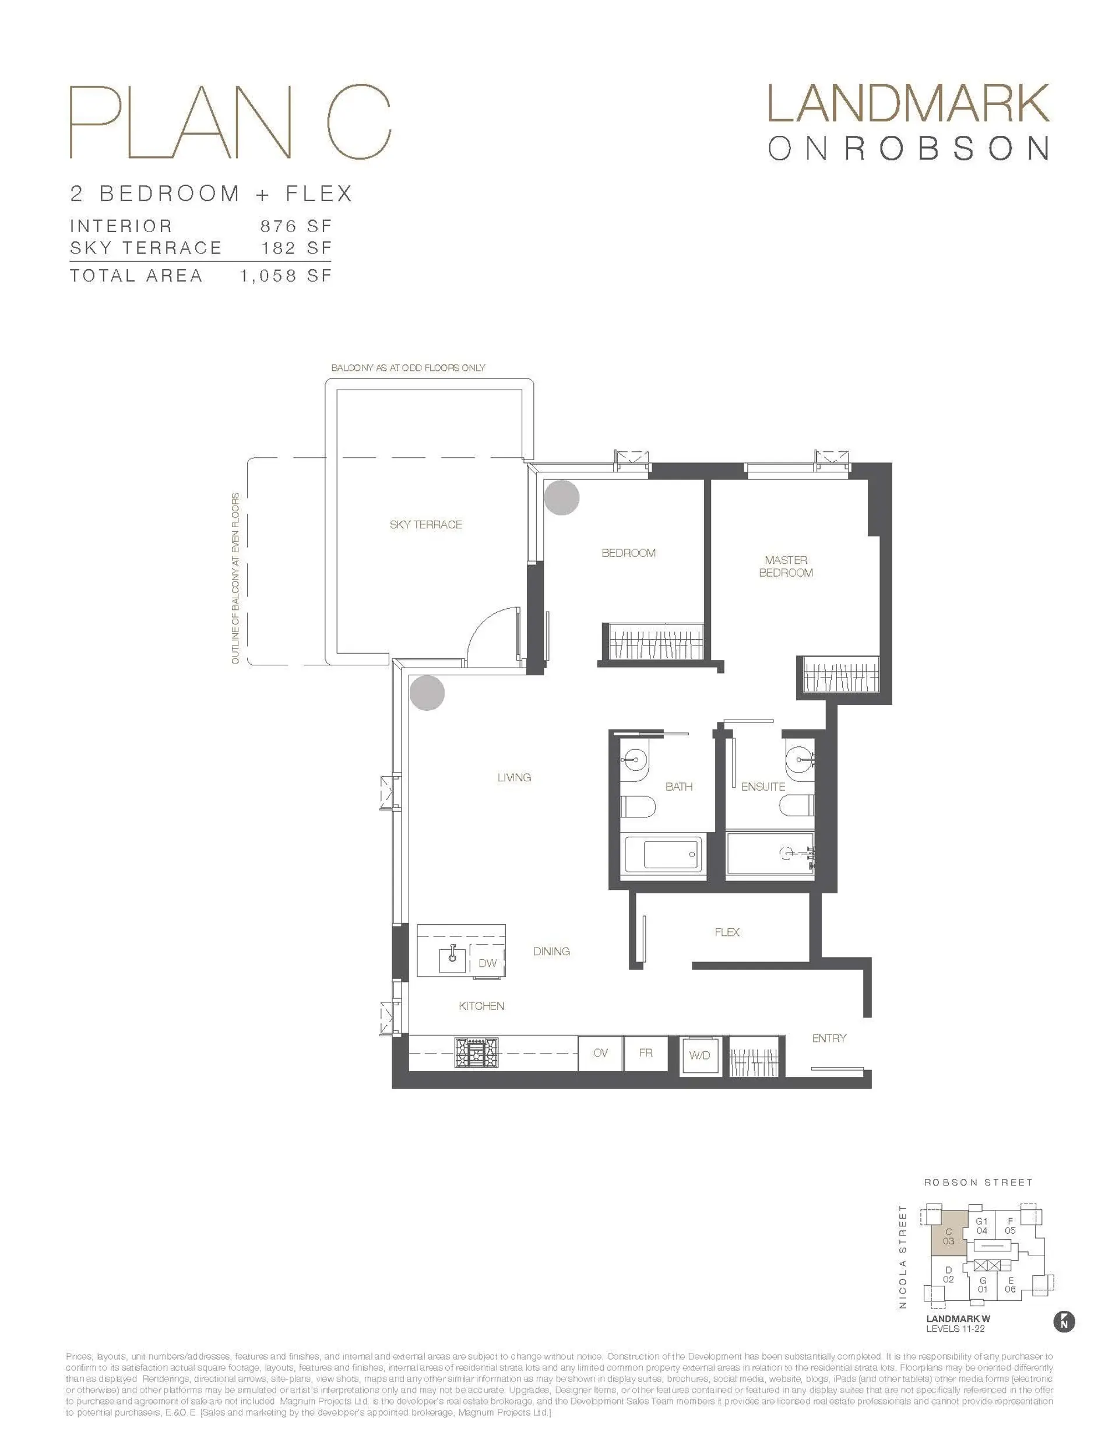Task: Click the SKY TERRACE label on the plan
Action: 425,524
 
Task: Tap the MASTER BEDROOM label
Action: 786,566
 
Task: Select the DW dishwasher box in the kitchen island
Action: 488,963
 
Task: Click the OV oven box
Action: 600,1052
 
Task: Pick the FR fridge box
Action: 645,1052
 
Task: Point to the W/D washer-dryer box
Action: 699,1055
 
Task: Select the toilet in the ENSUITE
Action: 797,805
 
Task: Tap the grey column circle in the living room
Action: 427,693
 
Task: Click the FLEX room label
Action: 727,932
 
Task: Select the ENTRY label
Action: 829,1038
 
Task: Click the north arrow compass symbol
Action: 1064,1322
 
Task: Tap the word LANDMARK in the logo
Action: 908,104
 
